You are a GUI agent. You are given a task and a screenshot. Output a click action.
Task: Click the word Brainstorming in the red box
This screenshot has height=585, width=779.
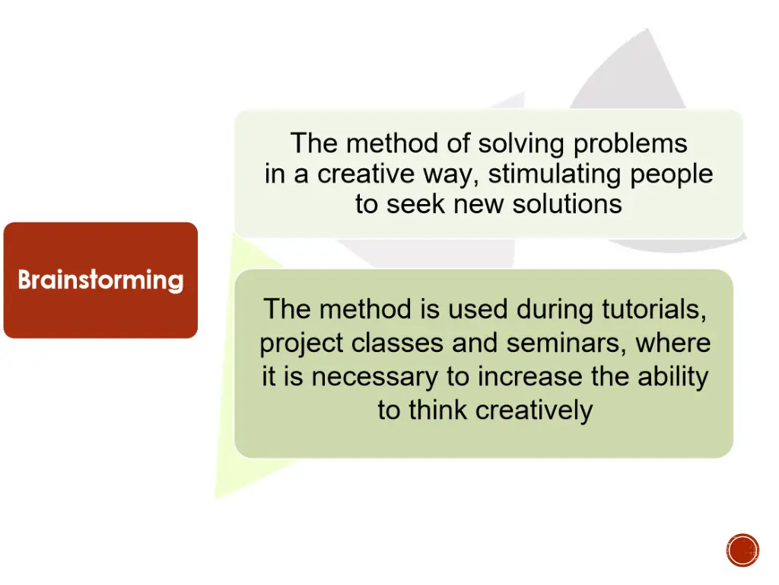100,280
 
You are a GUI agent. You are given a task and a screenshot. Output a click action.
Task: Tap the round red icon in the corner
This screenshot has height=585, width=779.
742,550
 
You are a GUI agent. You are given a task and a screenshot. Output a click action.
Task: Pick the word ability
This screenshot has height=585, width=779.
670,377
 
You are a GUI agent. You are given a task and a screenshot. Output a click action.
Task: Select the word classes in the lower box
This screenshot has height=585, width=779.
398,343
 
